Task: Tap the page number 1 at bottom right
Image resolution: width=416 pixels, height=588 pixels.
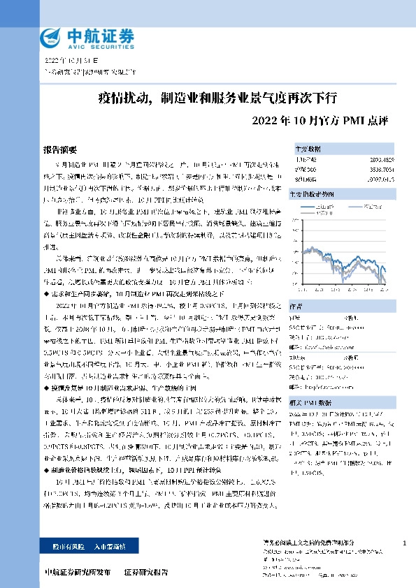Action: pos(406,543)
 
